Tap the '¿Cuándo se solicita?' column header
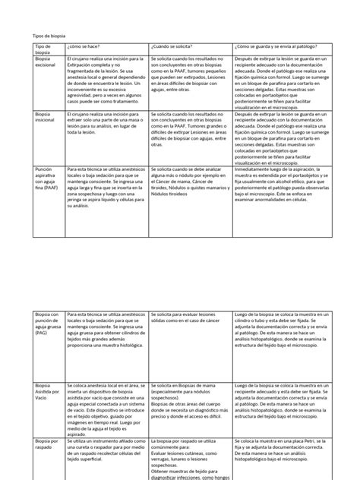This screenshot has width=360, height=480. (171, 47)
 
